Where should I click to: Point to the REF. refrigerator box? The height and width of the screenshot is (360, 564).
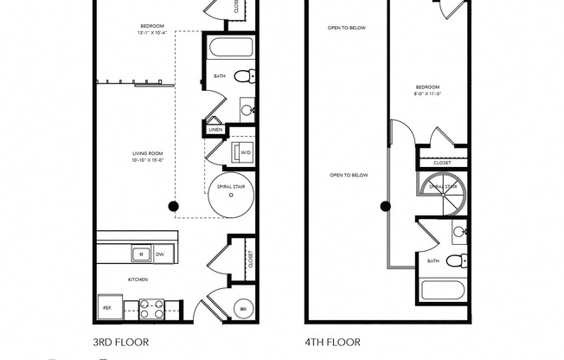[108, 308]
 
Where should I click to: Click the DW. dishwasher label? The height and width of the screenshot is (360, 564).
[160, 254]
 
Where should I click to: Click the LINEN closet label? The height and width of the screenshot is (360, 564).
[215, 130]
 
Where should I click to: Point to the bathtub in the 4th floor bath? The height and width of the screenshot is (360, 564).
[443, 290]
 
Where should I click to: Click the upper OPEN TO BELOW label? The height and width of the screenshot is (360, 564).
[347, 28]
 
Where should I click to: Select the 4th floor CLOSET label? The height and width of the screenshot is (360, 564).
[441, 161]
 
